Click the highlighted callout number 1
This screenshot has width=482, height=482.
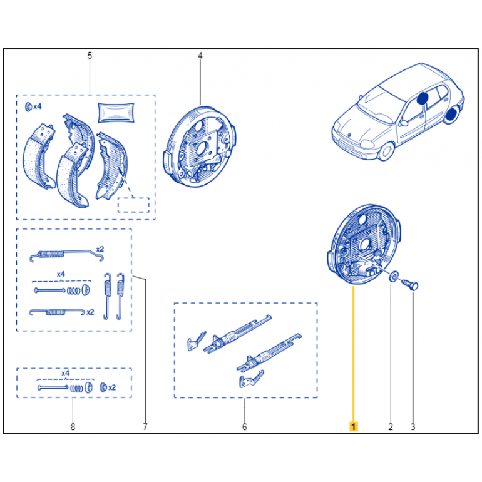click(353, 427)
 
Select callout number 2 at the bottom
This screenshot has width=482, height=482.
click(391, 427)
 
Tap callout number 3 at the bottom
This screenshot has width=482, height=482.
click(413, 427)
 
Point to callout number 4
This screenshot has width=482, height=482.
click(200, 56)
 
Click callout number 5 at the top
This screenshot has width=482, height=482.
click(90, 56)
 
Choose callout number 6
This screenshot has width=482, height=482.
click(244, 427)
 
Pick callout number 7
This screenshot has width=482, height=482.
click(145, 427)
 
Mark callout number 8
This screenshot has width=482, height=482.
click(73, 427)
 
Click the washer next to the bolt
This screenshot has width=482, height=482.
click(394, 276)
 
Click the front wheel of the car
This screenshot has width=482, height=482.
click(386, 151)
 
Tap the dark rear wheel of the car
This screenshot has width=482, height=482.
click(451, 114)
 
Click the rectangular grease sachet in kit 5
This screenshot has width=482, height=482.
click(116, 113)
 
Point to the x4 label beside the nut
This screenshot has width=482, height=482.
click(37, 106)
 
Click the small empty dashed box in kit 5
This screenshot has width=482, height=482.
click(133, 205)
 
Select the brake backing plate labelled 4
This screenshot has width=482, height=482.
click(200, 146)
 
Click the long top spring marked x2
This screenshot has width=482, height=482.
click(67, 255)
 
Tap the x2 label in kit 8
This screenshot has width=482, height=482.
click(112, 387)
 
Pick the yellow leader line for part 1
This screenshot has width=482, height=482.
click(353, 354)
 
